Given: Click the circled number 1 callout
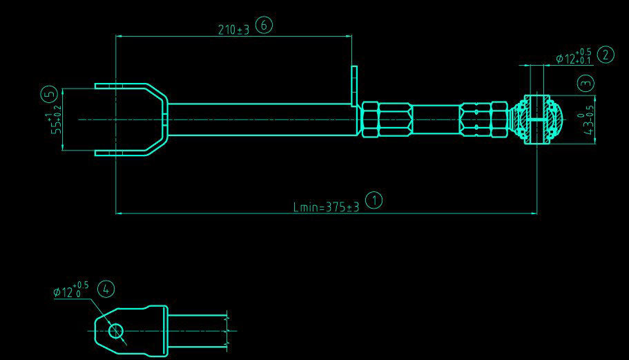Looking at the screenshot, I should (x=374, y=201).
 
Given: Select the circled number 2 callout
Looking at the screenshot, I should (x=606, y=55).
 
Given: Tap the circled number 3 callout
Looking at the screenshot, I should (x=586, y=84).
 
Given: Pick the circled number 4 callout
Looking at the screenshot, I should (x=106, y=289).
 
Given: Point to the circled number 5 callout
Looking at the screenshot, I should (x=48, y=94).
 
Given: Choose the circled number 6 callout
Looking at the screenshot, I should (x=264, y=26).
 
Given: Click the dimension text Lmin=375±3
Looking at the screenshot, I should (x=326, y=207).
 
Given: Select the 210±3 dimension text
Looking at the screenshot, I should (x=233, y=30).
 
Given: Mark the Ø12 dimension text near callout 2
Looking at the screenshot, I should (x=572, y=58).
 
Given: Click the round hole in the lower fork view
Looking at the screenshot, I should (x=115, y=331).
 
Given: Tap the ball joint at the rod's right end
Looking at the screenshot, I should (x=537, y=120).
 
